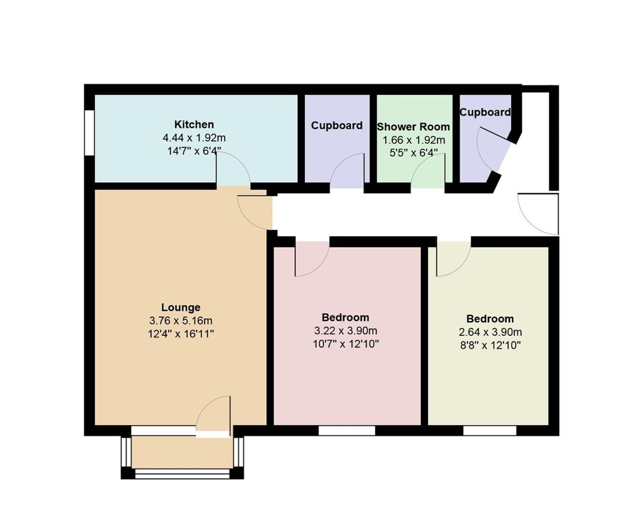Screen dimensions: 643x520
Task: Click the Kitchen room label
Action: [194, 124]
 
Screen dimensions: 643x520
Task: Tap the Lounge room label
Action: [181, 307]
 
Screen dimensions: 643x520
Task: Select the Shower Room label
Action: [413, 127]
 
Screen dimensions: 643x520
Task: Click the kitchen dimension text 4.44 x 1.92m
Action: [194, 138]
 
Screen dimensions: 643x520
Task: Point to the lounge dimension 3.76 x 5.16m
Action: [181, 321]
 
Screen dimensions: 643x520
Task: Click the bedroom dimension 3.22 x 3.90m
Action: [346, 330]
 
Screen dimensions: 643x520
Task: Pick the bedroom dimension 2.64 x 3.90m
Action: [490, 332]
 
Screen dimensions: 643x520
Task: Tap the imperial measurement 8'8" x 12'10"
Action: [490, 346]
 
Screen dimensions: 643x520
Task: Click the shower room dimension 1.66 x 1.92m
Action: [413, 140]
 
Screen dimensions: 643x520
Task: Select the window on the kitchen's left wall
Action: [90, 132]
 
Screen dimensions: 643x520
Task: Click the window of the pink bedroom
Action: [347, 430]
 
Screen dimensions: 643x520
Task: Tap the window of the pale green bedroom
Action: [490, 430]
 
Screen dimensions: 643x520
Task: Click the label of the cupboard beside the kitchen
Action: [337, 125]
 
